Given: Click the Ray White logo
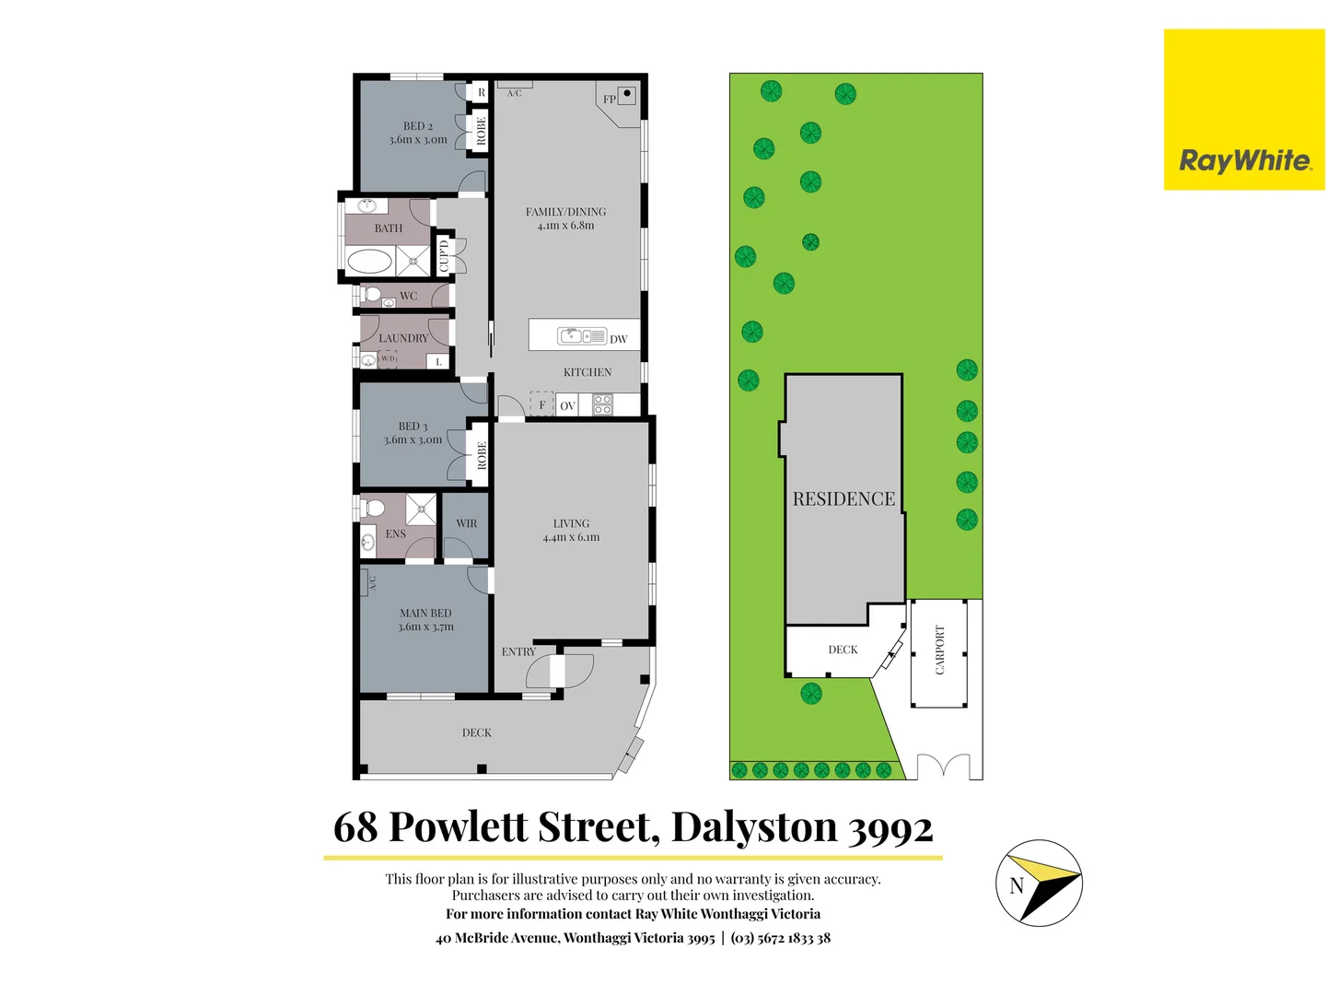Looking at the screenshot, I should coord(1244,161).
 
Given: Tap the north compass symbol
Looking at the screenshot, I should coord(1039,883).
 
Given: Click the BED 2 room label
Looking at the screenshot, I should coord(418,133).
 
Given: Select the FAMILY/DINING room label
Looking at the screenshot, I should coord(565,218).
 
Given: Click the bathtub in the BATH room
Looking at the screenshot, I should coord(369,261).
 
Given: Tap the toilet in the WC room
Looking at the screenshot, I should coord(371,295).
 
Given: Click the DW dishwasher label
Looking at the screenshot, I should coord(618,339).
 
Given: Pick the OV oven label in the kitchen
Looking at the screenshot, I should coord(567,405).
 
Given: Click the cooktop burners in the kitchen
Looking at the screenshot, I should coord(602,404).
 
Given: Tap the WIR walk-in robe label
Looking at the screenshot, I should coord(467,523).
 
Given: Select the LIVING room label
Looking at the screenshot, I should coord(571,530).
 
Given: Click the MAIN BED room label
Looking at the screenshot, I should coord(425,619).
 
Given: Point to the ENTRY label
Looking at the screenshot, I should coord(518,651).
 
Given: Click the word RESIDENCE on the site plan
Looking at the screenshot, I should coord(843,499).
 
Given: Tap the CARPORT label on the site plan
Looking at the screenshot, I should coord(940,650).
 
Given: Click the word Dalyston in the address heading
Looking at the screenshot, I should coord(754,826).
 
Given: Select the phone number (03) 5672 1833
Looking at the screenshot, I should coord(773,938).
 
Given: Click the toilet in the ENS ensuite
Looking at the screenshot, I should coord(374,508).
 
